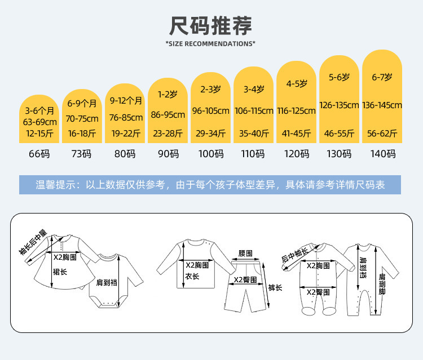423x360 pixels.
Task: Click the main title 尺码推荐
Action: [x=210, y=26]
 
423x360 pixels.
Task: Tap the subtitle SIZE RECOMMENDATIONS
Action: [x=210, y=43]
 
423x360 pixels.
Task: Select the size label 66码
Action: [x=39, y=154]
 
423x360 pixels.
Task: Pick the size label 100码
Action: [x=211, y=154]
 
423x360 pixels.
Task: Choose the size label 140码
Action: [x=383, y=154]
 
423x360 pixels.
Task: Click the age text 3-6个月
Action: [x=39, y=110]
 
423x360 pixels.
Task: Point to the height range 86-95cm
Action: [x=168, y=115]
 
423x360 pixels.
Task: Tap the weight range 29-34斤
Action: [x=211, y=134]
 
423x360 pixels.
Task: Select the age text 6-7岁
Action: [x=382, y=77]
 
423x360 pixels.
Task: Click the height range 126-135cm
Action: [x=339, y=105]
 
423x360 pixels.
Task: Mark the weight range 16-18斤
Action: [x=82, y=134]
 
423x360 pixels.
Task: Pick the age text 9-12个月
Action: [x=126, y=100]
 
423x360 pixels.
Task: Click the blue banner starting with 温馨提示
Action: [x=210, y=185]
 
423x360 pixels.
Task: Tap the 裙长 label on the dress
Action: [x=60, y=272]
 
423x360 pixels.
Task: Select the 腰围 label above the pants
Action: [x=245, y=254]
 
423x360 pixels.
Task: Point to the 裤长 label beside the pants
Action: [x=275, y=287]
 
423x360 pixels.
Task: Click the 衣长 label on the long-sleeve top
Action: [x=192, y=276]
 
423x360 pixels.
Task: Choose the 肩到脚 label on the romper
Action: [x=382, y=284]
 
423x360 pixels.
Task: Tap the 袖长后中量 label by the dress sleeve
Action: [x=33, y=242]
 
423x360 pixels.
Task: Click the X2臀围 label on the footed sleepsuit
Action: [x=318, y=292]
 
